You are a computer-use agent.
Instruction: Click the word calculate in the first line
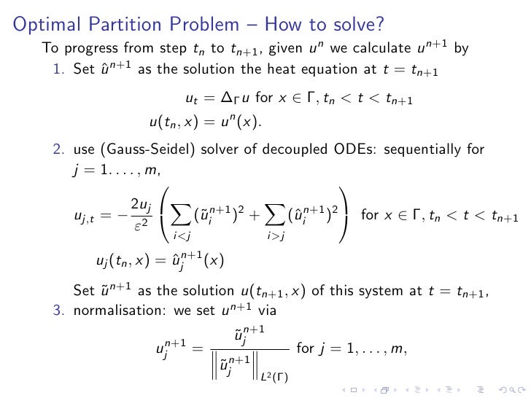point(356,50)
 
